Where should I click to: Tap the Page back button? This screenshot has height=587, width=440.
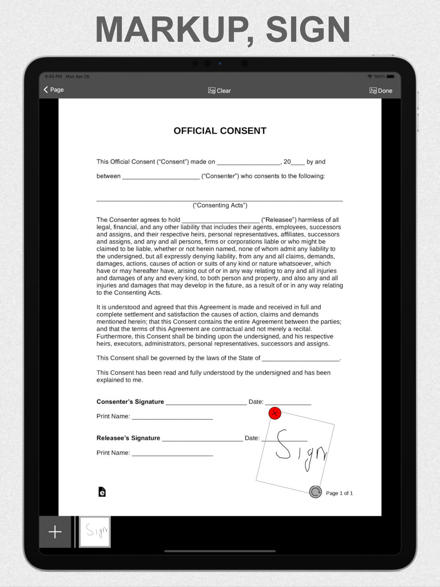click(x=53, y=90)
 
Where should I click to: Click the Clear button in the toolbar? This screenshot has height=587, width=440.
click(x=220, y=91)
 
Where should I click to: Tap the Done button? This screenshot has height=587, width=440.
click(x=381, y=91)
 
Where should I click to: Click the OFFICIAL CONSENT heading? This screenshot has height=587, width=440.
click(x=220, y=131)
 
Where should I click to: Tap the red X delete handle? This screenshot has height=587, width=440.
click(x=275, y=413)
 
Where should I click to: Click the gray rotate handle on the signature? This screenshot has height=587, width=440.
click(x=315, y=492)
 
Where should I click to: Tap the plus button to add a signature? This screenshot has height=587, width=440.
click(x=55, y=532)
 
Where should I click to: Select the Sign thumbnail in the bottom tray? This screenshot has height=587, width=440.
click(x=95, y=532)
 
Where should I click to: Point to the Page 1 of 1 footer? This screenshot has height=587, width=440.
click(x=339, y=493)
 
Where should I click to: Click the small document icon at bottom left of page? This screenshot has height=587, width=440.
click(x=102, y=492)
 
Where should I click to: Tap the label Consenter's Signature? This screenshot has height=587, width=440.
click(x=130, y=402)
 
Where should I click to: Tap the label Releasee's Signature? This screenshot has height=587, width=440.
click(x=128, y=438)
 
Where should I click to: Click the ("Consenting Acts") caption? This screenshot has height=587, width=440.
click(x=220, y=205)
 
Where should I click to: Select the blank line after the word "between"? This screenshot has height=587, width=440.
click(x=161, y=177)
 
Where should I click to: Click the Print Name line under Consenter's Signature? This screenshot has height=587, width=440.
click(x=172, y=417)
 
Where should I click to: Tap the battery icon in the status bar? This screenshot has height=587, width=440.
click(x=391, y=77)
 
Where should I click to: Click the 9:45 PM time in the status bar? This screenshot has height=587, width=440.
click(x=53, y=77)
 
